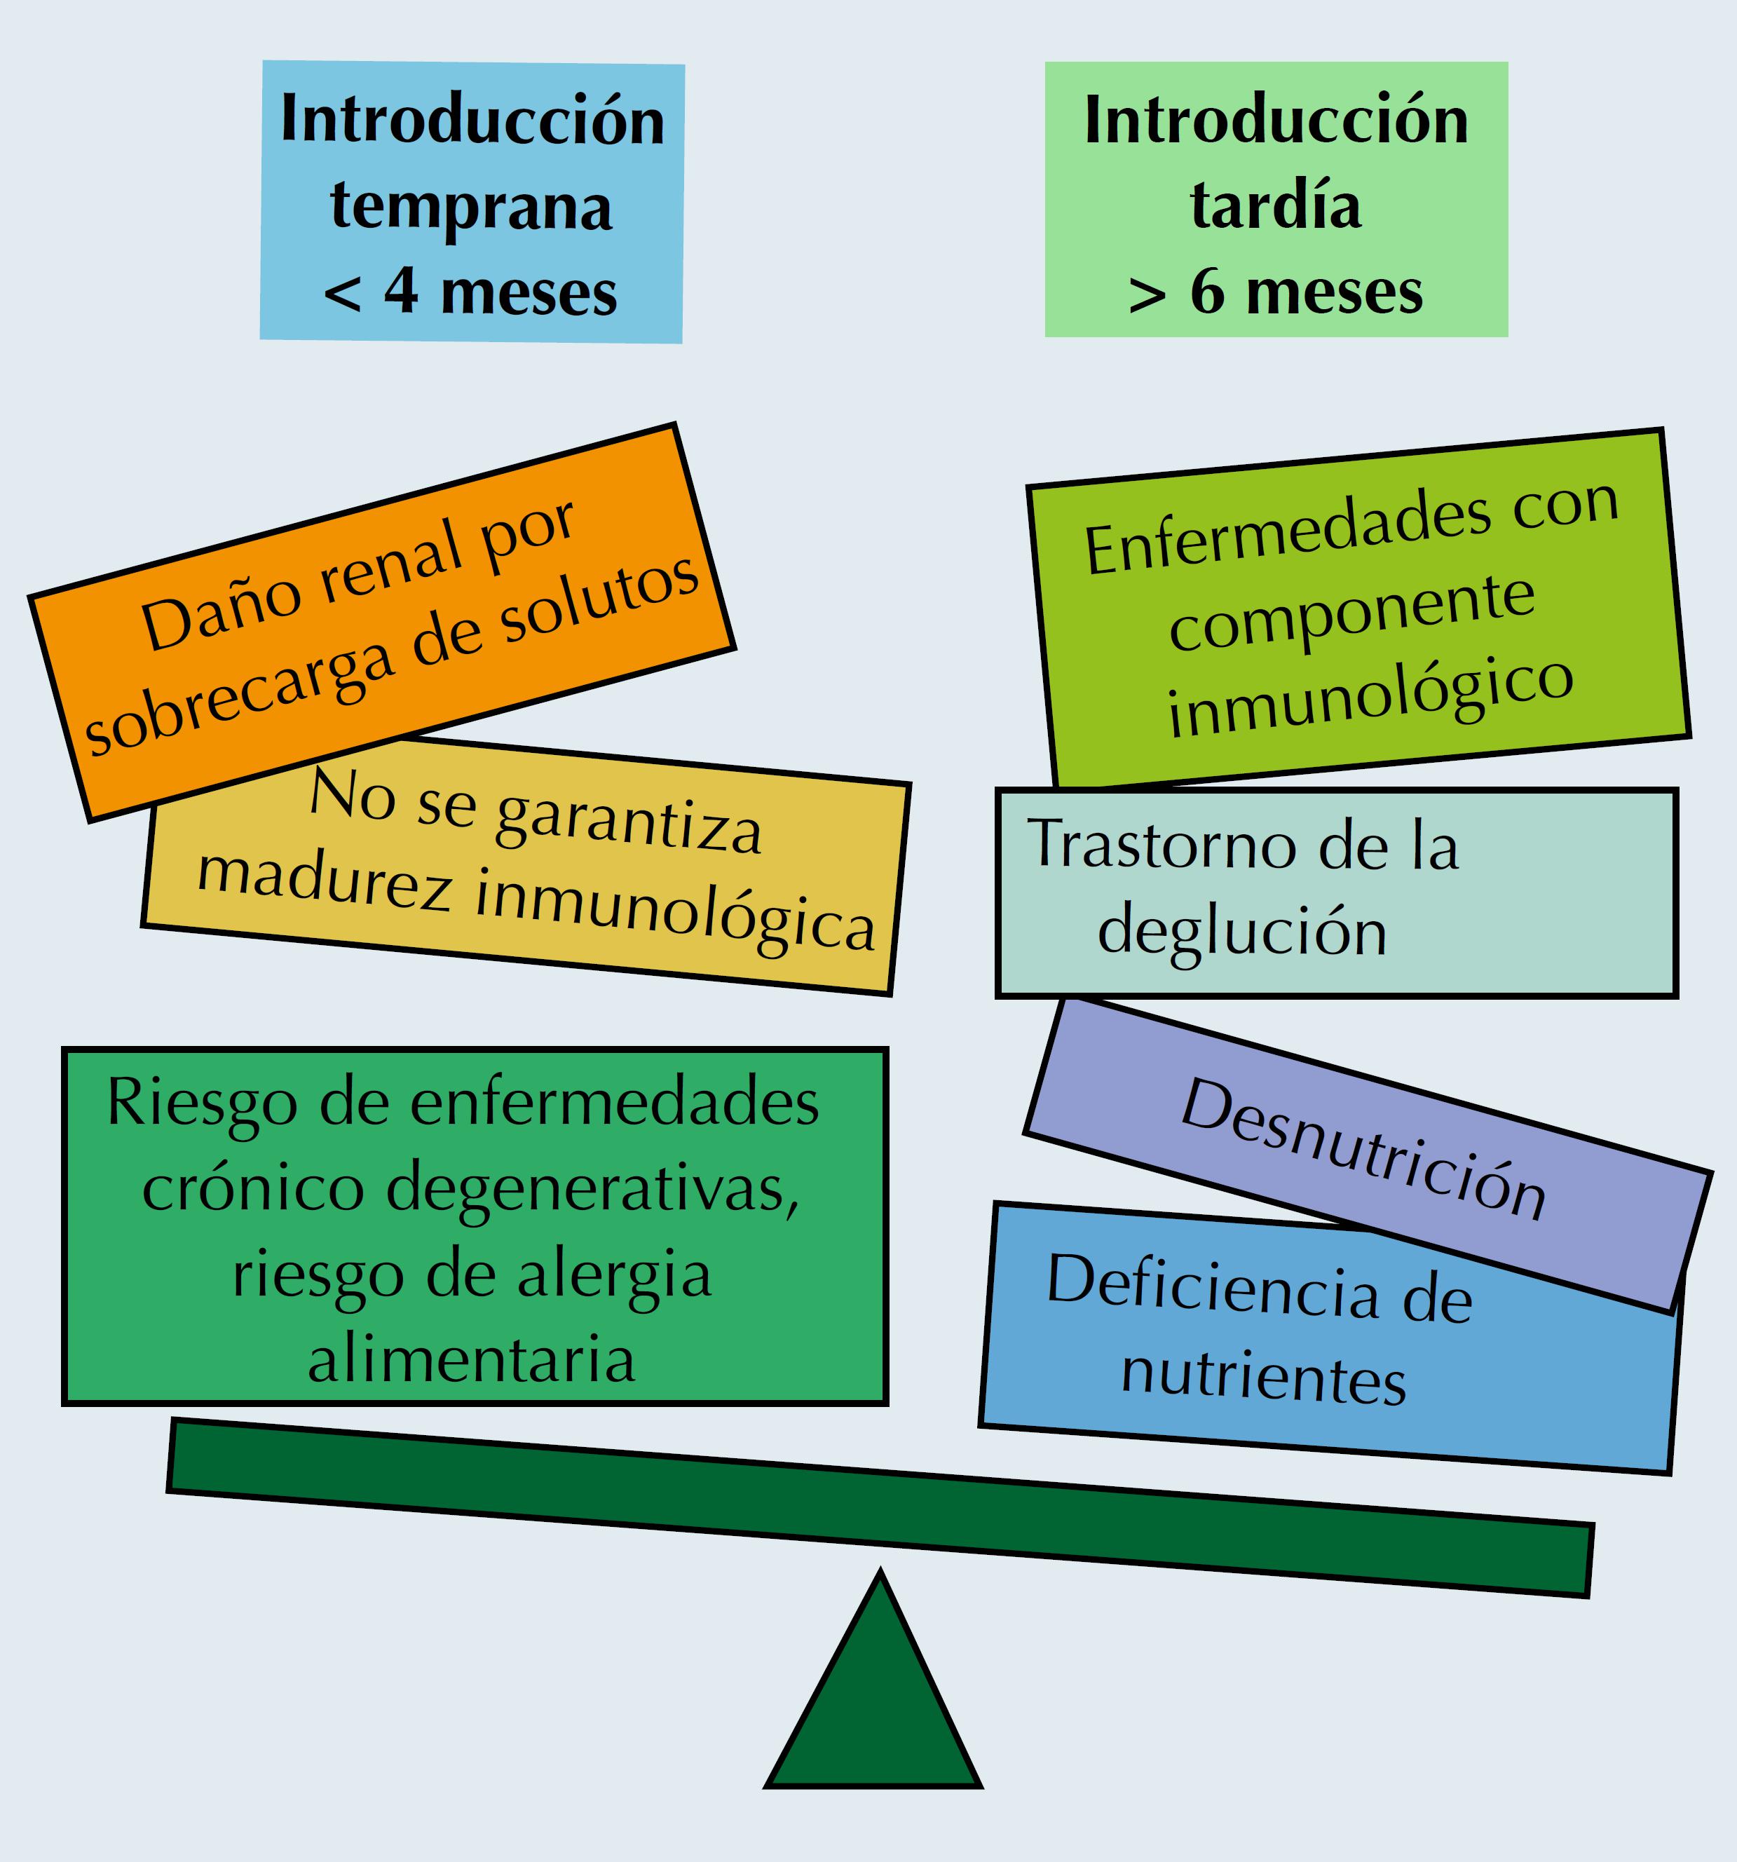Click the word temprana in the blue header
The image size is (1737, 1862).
point(471,207)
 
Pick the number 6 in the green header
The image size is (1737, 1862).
point(1207,292)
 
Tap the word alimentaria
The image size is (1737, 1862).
point(472,1361)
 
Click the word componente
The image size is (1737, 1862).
point(1351,613)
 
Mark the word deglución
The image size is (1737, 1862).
point(1241,932)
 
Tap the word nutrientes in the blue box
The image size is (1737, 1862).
point(1264,1377)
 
